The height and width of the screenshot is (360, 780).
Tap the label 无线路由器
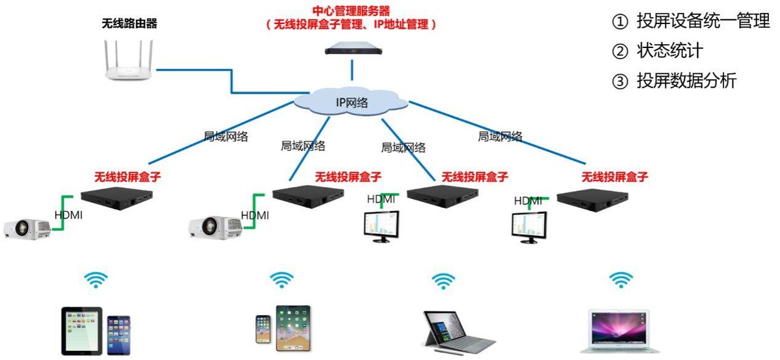tap(129, 24)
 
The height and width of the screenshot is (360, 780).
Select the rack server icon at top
tap(352, 45)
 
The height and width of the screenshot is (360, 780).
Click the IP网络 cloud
tap(352, 102)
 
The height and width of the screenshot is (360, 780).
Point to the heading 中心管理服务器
tap(352, 10)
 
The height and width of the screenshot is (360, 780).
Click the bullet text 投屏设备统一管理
tap(703, 21)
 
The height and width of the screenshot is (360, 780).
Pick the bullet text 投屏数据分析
tap(686, 81)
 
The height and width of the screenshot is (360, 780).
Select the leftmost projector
tap(27, 227)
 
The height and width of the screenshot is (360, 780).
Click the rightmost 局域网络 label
tap(500, 136)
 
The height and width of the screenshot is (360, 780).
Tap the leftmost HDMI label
tap(68, 215)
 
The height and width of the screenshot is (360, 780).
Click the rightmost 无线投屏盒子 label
tap(614, 176)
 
